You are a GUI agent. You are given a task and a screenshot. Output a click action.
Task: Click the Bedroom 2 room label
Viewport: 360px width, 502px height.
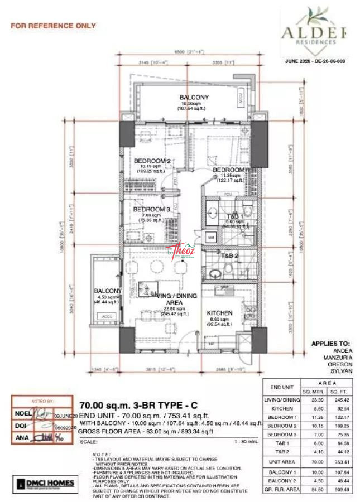coord(152,161)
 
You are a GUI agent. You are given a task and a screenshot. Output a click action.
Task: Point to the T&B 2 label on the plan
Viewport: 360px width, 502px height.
coord(229,256)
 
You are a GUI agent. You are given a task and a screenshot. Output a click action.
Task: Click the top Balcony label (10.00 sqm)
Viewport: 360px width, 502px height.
coord(194,98)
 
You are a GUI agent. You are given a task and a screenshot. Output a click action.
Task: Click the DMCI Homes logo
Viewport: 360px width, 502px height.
coord(45,482)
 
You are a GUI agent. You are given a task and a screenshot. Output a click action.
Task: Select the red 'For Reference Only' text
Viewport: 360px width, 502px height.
coord(54,26)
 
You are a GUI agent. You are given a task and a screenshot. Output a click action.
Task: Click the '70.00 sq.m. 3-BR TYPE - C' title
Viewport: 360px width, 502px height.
coord(138,405)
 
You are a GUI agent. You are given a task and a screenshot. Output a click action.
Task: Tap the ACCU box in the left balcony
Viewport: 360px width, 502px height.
coord(107,316)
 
